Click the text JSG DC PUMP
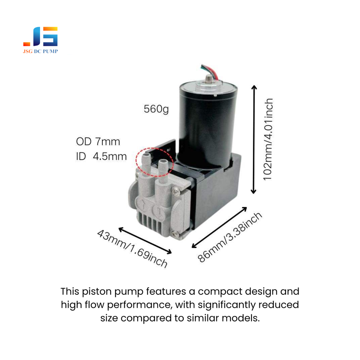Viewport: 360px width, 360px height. coord(40,51)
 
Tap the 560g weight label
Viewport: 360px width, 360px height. coord(156,109)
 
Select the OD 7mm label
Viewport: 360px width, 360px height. coord(98,142)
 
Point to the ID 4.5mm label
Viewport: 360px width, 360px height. coord(101,156)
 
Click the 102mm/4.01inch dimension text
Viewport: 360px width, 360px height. coord(268,139)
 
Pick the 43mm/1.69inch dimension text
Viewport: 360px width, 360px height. coord(132,249)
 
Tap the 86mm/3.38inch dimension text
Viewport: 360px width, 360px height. coord(229,237)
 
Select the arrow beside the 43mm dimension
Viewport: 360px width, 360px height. coord(145,240)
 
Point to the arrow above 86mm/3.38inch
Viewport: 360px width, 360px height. coord(219,227)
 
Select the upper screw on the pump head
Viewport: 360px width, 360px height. coord(175,192)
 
